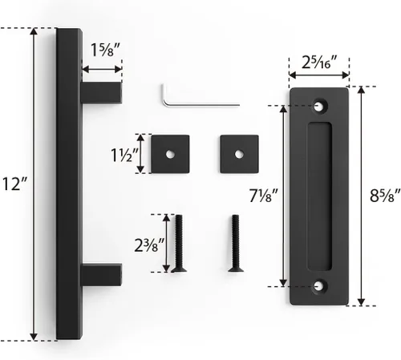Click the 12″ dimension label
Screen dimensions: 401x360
[14, 184]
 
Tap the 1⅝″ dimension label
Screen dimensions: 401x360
[104, 50]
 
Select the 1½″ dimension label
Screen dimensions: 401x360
[124, 155]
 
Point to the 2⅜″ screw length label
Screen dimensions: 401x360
[149, 245]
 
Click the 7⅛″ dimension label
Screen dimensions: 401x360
[264, 196]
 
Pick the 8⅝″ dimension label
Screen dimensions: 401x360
[385, 196]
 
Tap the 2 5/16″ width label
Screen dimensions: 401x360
[319, 63]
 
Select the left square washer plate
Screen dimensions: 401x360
[170, 154]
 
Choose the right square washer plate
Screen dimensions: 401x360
[239, 154]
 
